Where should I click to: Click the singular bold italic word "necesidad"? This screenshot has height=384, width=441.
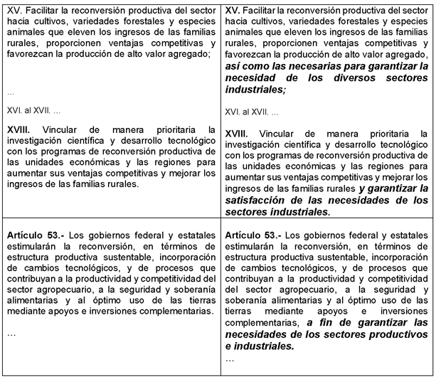coord(250,78)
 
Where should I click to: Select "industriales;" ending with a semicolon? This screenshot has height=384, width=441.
coord(255,90)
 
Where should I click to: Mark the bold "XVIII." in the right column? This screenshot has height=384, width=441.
coord(238,133)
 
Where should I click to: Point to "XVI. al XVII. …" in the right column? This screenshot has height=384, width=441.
coord(253,112)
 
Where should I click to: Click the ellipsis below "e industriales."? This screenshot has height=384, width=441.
coord(229,359)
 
